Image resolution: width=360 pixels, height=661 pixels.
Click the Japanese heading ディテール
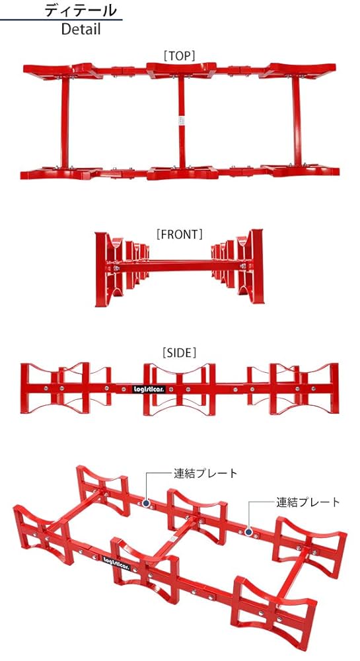pos(81,10)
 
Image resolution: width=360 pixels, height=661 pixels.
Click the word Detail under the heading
pos(81,29)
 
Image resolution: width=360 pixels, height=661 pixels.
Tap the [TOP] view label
pos(180,56)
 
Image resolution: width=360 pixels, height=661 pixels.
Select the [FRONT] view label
pos(179,233)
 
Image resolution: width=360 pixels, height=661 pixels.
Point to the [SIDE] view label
pos(179,353)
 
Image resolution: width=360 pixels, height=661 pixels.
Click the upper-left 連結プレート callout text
pos(205,473)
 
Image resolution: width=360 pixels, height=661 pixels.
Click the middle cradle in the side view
pos(180,389)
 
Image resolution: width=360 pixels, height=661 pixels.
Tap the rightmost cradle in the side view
pos(291,389)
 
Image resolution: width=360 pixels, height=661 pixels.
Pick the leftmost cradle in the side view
pos(66,389)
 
